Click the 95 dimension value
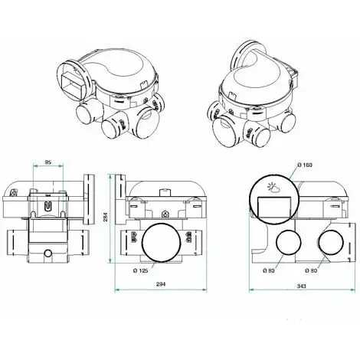[x=47, y=163]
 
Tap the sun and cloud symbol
[x=271, y=187]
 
